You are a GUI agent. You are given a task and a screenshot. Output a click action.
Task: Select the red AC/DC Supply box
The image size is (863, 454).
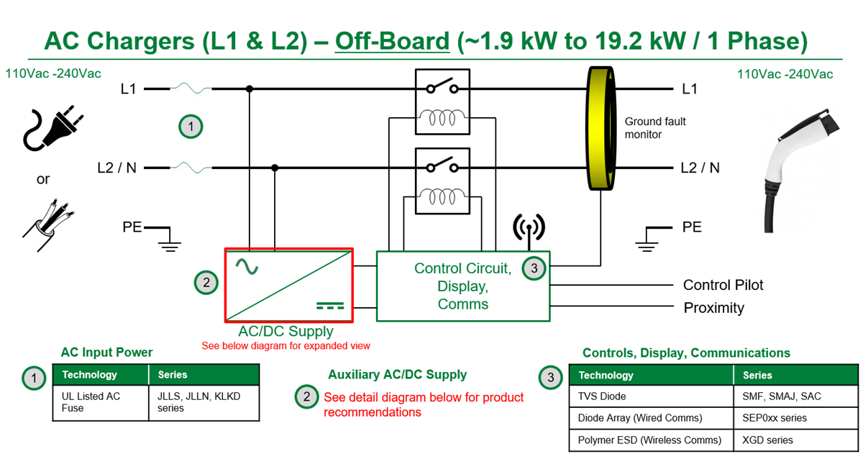coord(289,285)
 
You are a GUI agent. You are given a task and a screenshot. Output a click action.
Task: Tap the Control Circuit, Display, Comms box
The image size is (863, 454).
coord(462,286)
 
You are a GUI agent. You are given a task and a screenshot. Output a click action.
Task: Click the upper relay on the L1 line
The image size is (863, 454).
coord(442,101)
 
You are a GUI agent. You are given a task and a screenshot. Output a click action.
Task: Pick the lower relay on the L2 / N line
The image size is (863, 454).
coord(442,181)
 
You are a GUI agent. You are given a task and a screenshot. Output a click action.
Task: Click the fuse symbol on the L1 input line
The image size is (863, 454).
coord(191,89)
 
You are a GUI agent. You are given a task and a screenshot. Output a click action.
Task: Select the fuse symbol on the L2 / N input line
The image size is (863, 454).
coord(191,168)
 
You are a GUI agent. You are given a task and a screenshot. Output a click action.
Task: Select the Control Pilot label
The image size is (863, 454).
coord(723,285)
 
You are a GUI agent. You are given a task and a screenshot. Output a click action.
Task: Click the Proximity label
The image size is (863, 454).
coord(713,308)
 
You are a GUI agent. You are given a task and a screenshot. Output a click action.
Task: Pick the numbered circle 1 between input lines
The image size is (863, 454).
coord(191,127)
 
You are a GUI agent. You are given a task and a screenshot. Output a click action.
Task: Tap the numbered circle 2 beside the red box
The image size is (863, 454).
coord(206,283)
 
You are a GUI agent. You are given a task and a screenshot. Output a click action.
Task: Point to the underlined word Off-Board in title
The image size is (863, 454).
coord(392,41)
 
